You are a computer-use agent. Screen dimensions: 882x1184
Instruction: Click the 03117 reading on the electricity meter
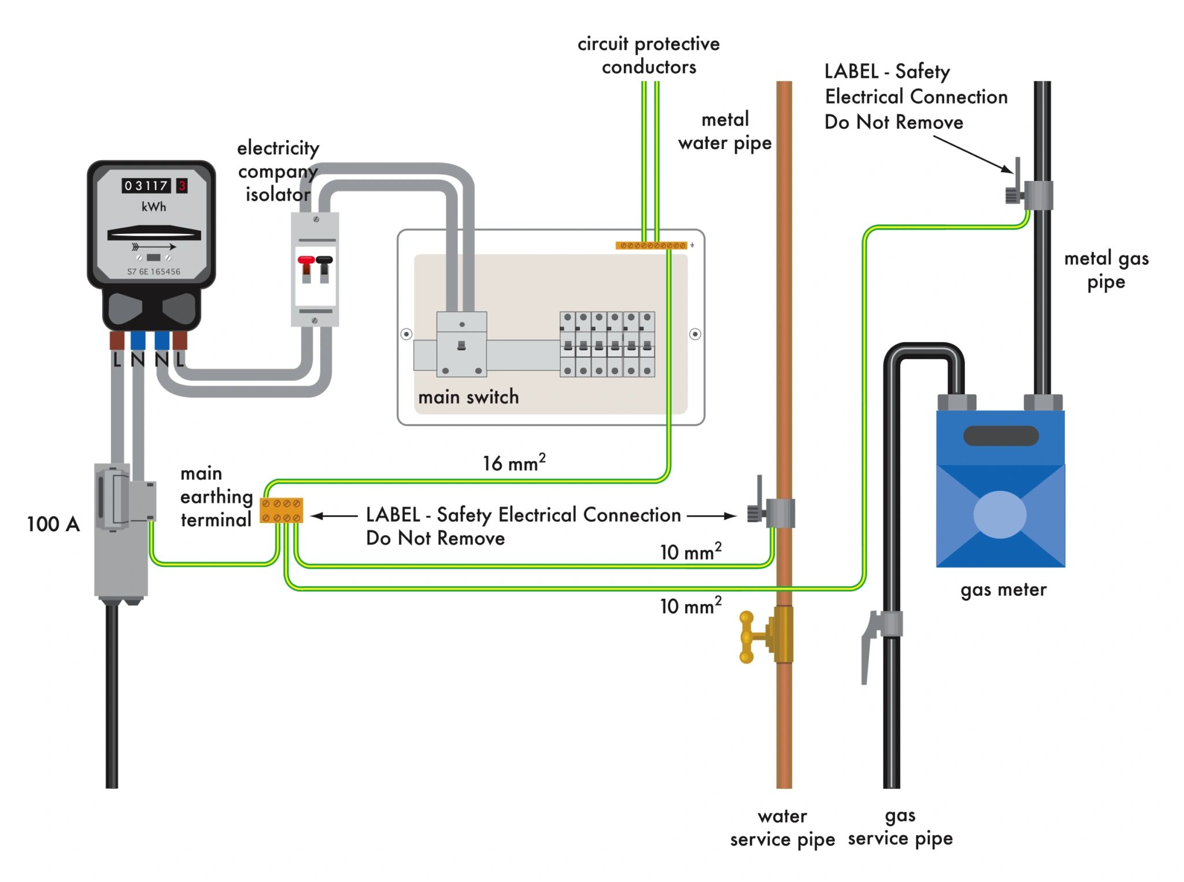click(146, 186)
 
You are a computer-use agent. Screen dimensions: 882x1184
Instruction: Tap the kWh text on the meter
click(154, 207)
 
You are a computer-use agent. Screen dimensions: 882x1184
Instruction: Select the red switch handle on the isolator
click(306, 261)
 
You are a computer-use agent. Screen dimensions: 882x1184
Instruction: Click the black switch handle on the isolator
click(324, 261)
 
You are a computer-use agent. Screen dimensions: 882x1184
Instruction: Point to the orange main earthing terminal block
click(282, 511)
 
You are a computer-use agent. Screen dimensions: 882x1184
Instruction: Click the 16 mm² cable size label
click(514, 463)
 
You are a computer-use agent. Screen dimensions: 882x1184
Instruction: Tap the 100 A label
click(53, 524)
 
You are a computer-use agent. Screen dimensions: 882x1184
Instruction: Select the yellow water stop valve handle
click(746, 638)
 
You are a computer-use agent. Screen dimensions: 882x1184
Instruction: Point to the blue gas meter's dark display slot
click(1001, 436)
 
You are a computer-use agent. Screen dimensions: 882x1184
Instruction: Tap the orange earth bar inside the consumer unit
click(651, 246)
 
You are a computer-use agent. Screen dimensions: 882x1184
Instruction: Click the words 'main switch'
click(468, 397)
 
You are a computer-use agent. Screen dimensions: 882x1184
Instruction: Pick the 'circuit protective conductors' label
click(649, 55)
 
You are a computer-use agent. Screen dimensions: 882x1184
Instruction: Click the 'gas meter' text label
click(1003, 590)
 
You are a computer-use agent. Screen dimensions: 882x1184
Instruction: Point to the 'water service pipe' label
click(782, 828)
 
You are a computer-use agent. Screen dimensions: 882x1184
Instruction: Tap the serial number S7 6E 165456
click(154, 272)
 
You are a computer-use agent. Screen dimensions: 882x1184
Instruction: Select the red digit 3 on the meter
click(182, 186)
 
